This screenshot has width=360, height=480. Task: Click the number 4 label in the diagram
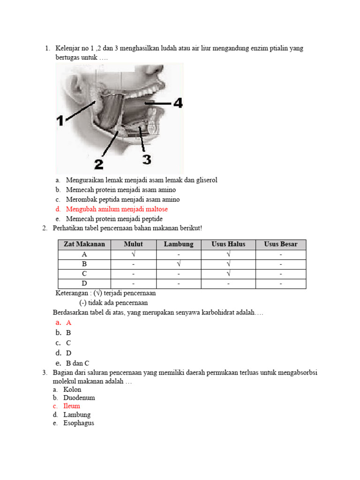click(177, 103)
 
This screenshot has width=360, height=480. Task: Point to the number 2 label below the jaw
click(98, 164)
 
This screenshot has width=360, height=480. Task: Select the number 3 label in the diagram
click(147, 160)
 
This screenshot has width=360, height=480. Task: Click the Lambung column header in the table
click(179, 244)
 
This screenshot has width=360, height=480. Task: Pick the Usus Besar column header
click(281, 244)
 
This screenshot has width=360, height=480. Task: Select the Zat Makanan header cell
click(84, 244)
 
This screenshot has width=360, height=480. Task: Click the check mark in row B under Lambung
click(179, 264)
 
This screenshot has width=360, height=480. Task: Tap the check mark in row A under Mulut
click(133, 254)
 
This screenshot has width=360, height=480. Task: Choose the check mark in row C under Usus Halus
click(228, 274)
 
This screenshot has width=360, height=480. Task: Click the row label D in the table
click(84, 284)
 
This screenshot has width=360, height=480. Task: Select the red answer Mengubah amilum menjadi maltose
click(117, 209)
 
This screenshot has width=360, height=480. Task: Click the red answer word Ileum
click(72, 406)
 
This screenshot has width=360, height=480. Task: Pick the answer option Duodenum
click(79, 397)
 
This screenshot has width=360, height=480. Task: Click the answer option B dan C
click(77, 363)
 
